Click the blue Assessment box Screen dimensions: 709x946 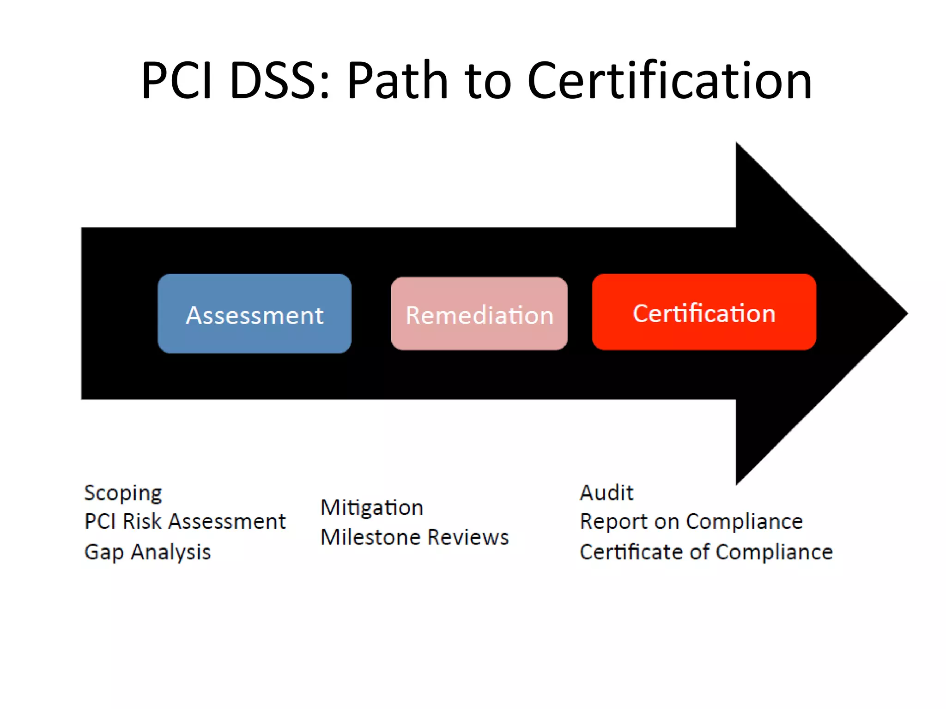point(255,314)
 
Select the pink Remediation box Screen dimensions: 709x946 point(479,314)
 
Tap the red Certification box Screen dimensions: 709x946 point(704,312)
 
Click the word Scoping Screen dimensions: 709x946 point(123,493)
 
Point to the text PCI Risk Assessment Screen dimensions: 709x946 point(185,522)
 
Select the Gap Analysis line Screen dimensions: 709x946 point(147,552)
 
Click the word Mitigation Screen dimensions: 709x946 point(372,508)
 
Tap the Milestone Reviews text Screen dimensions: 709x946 point(414,537)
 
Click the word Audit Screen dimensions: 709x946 point(606,493)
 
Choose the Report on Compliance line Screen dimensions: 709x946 point(691,522)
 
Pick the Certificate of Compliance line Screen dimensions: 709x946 point(706,552)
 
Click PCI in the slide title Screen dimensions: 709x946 point(177,81)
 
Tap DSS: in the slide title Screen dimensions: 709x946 point(279,81)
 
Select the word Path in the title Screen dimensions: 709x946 point(397,81)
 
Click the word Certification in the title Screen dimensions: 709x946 point(669,81)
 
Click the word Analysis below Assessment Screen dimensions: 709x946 point(170,552)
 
